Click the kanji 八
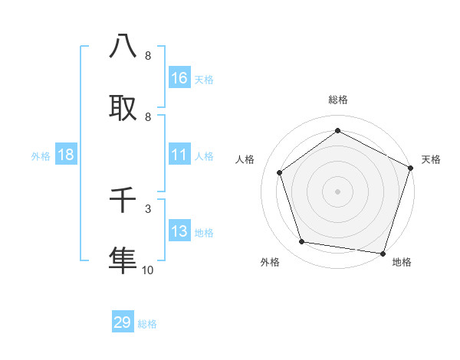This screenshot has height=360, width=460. click(x=123, y=47)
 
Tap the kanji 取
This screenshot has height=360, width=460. click(x=123, y=108)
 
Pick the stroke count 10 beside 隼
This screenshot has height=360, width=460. click(x=148, y=270)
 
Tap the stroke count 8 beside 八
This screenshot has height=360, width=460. click(x=148, y=56)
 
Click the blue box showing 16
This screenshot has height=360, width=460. click(x=179, y=77)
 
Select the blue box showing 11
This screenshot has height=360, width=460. click(x=179, y=155)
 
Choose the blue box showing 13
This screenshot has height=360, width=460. click(x=179, y=231)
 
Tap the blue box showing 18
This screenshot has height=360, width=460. click(x=66, y=155)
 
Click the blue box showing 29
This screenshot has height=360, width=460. click(x=123, y=322)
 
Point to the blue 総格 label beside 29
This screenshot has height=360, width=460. click(x=147, y=324)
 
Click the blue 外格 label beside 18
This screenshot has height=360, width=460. click(x=41, y=156)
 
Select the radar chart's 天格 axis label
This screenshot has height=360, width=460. click(x=431, y=159)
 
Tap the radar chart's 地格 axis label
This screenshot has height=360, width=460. click(x=402, y=262)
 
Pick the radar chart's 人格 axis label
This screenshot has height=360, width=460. click(x=245, y=159)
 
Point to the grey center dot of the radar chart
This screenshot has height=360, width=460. click(x=337, y=191)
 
